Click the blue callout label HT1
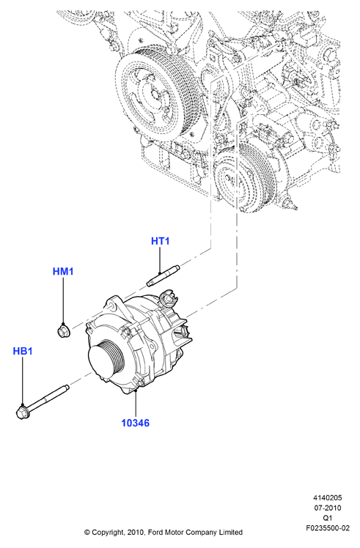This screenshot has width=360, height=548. coord(161,241)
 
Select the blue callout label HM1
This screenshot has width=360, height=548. coord(63,271)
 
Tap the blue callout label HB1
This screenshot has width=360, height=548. coord(23,351)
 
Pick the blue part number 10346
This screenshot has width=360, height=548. coord(135,423)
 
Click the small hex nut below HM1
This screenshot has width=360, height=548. coord(63,330)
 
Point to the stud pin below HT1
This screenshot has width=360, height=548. coord(164,276)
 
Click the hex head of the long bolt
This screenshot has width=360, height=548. coord(23,412)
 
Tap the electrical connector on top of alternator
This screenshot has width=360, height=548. coord(168,298)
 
